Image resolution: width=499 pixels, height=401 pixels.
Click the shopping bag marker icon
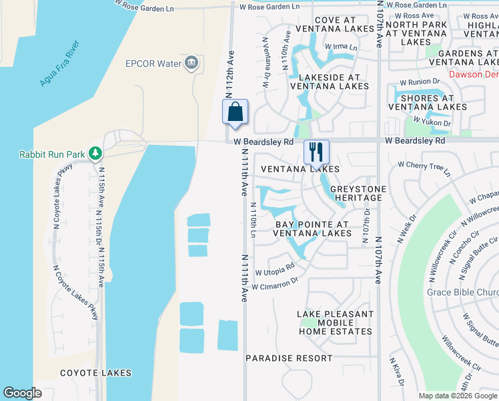tap(235, 112)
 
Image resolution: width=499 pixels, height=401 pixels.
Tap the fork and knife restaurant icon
tap(316, 152)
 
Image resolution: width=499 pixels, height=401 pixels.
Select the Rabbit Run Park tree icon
tap(95, 154)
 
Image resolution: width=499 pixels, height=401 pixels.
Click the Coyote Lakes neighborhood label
tap(95, 373)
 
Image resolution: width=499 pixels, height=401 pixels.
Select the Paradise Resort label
tap(289, 358)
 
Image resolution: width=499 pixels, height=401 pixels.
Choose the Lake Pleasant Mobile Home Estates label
tap(336, 323)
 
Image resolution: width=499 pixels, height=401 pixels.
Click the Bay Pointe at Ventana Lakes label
tap(313, 229)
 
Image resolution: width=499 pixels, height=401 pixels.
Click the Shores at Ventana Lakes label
tap(428, 102)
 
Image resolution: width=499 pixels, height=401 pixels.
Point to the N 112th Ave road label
tap(231, 74)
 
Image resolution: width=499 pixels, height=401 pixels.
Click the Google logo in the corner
tap(22, 393)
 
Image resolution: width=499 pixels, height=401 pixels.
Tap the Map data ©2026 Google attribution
tap(457, 396)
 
